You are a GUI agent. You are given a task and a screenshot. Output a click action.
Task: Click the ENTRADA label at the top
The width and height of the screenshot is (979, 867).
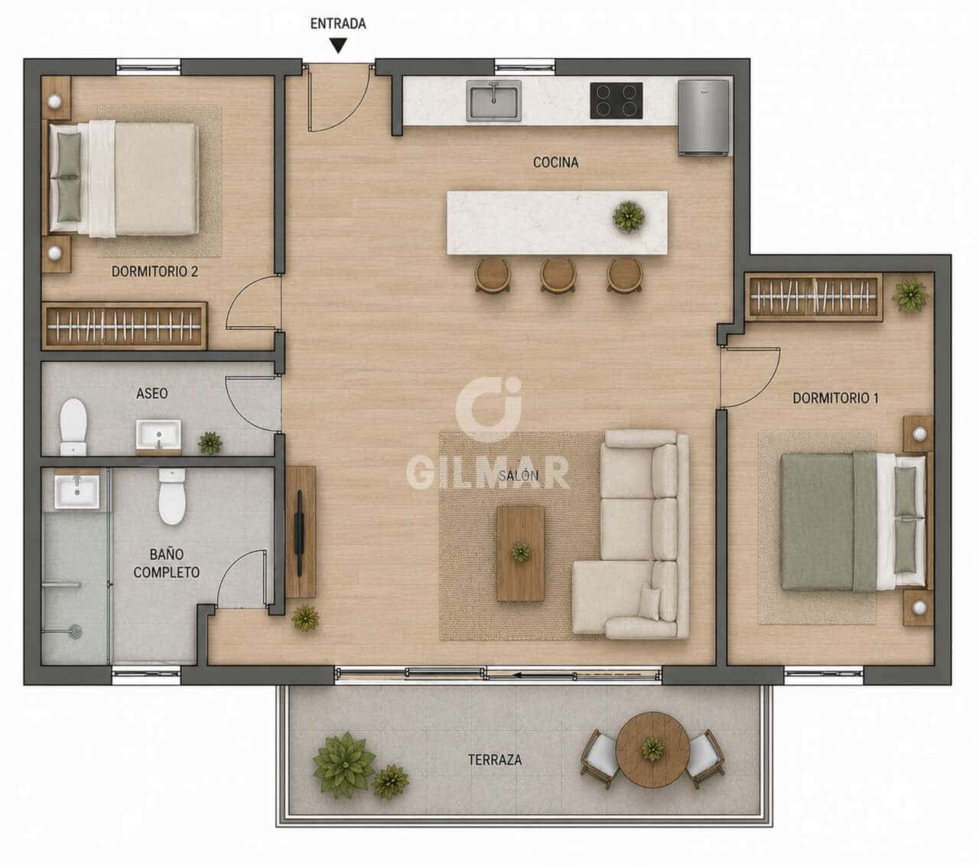tap(338, 24)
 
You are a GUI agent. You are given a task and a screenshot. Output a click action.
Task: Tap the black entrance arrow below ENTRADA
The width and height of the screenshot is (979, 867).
tap(338, 47)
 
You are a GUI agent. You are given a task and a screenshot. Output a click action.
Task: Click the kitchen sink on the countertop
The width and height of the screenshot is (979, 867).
tap(493, 100)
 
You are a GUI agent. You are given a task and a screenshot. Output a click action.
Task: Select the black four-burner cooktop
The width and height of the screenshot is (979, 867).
tap(616, 100)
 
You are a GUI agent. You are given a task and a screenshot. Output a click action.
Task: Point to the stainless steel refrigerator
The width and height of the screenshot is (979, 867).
tap(703, 118)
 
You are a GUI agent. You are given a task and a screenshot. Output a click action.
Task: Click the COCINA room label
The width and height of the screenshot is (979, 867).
tap(555, 162)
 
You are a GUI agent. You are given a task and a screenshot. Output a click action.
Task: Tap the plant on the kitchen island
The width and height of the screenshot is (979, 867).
tap(628, 216)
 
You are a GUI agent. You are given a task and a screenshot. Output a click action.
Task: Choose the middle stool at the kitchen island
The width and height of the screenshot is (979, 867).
tap(558, 275)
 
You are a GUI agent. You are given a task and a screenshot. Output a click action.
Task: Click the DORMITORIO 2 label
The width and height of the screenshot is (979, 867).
tap(154, 271)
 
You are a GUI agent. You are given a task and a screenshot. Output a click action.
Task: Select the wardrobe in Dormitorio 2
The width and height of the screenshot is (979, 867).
tap(124, 326)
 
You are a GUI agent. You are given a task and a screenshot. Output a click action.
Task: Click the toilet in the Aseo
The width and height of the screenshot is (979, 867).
tap(73, 426)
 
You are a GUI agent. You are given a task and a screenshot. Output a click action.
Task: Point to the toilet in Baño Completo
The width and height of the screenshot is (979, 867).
tap(172, 496)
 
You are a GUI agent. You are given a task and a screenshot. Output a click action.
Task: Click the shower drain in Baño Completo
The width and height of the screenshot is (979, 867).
tap(75, 631)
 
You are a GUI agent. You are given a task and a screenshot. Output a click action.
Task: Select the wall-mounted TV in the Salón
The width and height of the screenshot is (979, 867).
tap(300, 533)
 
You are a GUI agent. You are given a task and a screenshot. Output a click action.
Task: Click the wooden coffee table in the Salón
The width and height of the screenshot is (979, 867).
tap(520, 553)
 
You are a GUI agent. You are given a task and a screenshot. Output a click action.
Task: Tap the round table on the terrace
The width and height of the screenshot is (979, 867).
tap(653, 749)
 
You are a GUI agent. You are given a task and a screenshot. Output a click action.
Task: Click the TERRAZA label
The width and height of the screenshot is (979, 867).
tap(495, 760)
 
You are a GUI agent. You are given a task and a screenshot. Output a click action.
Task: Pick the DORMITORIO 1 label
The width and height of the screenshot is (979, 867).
tap(835, 398)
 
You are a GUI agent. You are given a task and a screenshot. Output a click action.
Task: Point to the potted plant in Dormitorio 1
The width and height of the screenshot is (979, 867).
tap(910, 294)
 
